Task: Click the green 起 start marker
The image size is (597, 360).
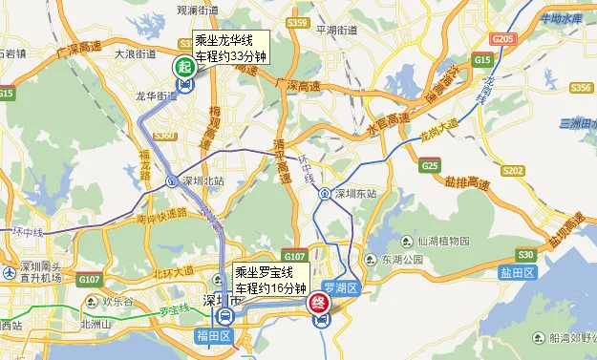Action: coord(181,67)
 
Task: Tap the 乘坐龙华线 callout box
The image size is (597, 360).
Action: coord(230,49)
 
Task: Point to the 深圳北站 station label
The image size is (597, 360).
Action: coord(202,180)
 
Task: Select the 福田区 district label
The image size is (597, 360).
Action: coord(214,336)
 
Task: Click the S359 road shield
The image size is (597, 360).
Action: coord(297,22)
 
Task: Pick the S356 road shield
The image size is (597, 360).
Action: coord(581,87)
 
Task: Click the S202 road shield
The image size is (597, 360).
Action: coord(513,171)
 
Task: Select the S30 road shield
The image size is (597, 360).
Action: coord(524,255)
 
